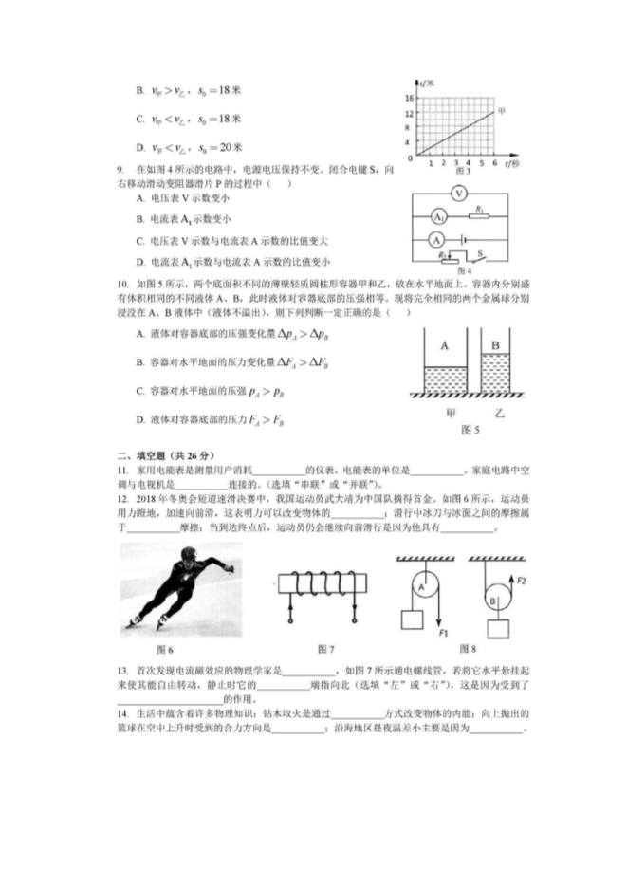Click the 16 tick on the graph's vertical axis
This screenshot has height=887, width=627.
point(409,98)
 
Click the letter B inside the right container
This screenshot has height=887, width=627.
point(496,346)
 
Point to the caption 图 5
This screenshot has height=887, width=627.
point(470,430)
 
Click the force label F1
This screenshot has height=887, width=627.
point(442,631)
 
